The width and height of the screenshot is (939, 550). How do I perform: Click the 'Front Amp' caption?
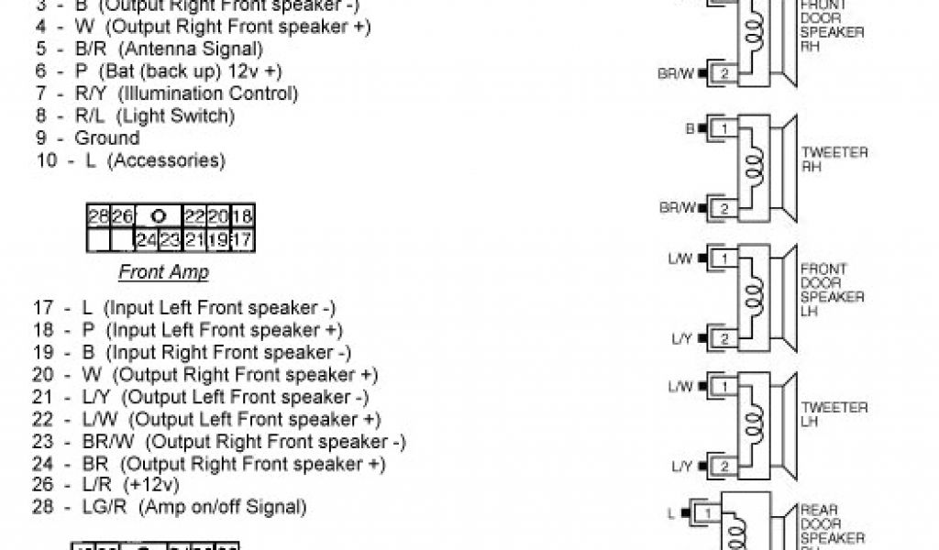pos(163,272)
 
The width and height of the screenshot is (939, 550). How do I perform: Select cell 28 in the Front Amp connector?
pos(98,217)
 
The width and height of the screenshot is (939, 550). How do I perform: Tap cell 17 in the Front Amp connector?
pos(243,241)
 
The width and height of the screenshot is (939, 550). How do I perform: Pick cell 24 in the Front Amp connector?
pos(146,241)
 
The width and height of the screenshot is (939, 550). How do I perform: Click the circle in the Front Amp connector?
pos(158,217)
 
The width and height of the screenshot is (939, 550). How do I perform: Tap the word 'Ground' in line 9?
pos(107,138)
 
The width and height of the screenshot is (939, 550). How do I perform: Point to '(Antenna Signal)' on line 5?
pos(191,49)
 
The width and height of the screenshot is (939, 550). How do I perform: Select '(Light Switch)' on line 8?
pos(178,116)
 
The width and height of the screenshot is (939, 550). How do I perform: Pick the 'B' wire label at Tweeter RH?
pos(690,129)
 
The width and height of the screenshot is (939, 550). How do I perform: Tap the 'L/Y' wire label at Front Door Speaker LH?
pos(681,340)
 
